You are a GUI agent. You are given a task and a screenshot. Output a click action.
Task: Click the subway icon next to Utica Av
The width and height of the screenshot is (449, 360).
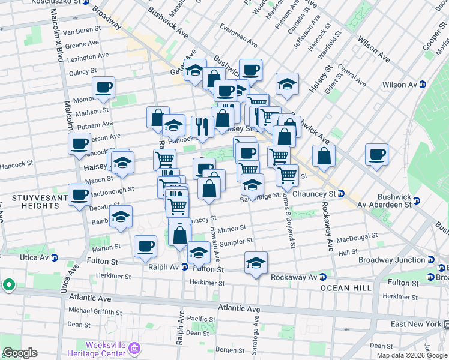(x=55, y=258)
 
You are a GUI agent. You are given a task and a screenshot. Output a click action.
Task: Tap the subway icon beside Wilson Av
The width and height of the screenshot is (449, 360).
(x=423, y=85)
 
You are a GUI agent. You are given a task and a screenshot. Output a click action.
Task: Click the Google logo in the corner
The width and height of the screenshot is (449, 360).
(x=19, y=353)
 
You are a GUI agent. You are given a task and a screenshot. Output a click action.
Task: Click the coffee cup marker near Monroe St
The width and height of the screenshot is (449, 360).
(x=103, y=88)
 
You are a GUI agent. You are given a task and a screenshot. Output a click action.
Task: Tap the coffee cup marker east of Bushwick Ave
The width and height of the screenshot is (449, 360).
(x=376, y=155)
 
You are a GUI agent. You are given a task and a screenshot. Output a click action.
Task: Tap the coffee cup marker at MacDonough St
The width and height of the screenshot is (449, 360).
(x=80, y=195)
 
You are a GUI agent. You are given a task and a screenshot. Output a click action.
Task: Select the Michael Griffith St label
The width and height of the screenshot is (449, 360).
(x=95, y=312)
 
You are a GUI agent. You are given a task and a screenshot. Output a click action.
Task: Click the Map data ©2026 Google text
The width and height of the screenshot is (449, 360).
(x=412, y=355)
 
